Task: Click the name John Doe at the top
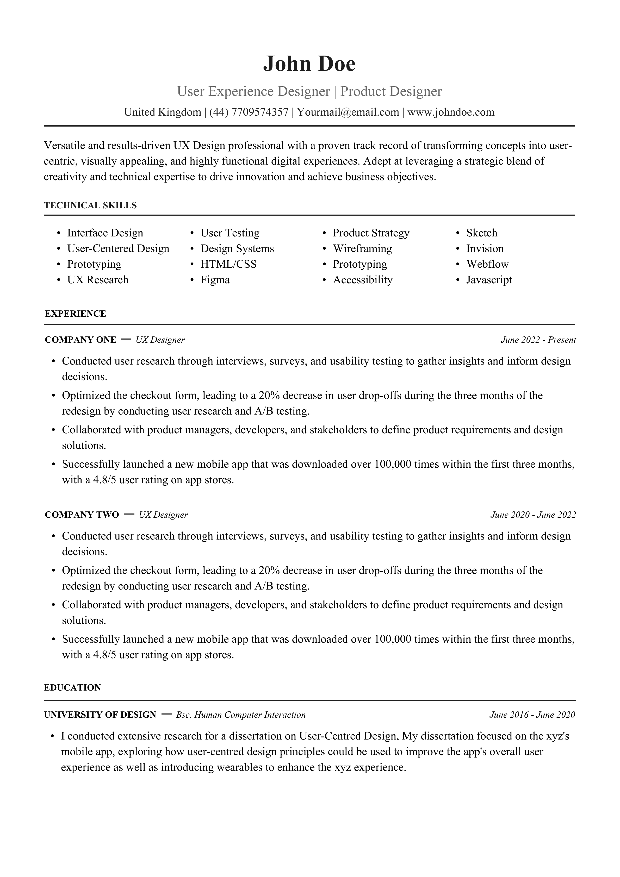click(x=309, y=64)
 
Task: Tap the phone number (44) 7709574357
click(x=249, y=112)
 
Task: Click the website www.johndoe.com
click(x=451, y=112)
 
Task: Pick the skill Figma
click(x=215, y=280)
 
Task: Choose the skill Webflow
click(x=487, y=264)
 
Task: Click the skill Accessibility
click(x=362, y=280)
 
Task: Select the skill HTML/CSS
click(x=228, y=264)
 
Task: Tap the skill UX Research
click(x=98, y=280)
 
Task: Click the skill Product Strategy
click(x=371, y=233)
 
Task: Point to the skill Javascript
click(x=489, y=280)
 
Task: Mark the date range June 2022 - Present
click(x=538, y=340)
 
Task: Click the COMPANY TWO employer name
click(x=82, y=515)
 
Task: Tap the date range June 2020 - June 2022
click(x=533, y=515)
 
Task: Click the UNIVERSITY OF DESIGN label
click(x=100, y=715)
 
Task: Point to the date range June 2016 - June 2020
click(x=532, y=715)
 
